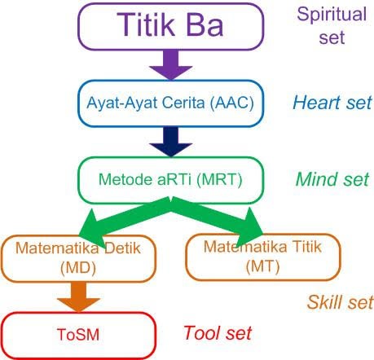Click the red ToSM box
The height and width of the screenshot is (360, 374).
click(x=77, y=334)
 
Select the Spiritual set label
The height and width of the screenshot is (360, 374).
click(x=333, y=25)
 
